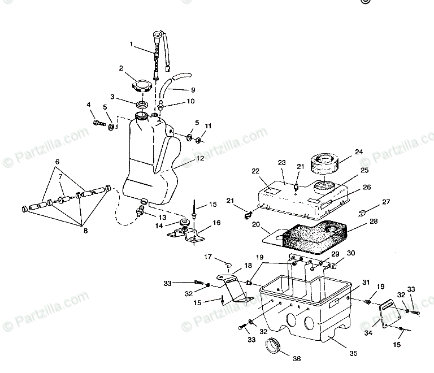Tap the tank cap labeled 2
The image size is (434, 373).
point(141,87)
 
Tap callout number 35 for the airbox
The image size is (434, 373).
point(353,354)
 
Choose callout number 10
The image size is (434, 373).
point(190,102)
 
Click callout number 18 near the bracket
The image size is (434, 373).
point(232,265)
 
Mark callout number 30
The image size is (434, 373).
point(350,253)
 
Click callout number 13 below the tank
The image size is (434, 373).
point(162,218)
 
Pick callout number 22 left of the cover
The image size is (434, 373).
point(255,171)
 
